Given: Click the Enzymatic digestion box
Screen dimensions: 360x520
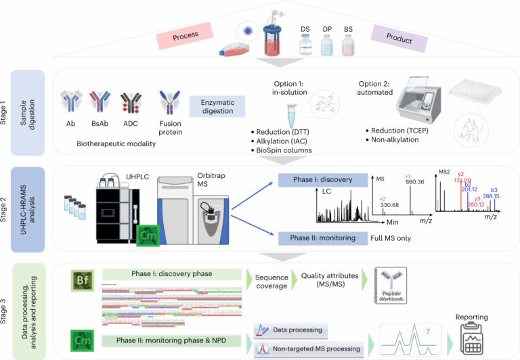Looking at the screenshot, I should coord(217,106).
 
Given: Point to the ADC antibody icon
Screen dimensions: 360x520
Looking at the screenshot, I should coord(131,106).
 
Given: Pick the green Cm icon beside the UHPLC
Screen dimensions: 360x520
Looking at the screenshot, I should coord(146,236).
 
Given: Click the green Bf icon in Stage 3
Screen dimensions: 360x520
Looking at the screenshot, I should coord(81,280).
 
